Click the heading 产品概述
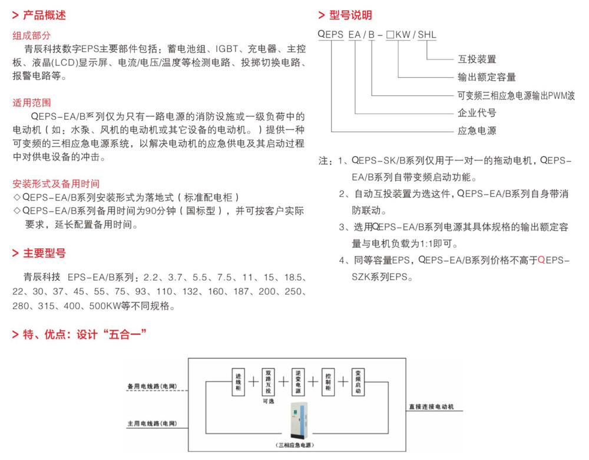(44, 15)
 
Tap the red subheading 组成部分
(32, 36)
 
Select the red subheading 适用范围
(32, 103)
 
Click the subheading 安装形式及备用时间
(56, 183)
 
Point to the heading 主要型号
(44, 254)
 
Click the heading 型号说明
(350, 15)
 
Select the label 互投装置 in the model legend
(477, 59)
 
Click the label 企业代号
(477, 112)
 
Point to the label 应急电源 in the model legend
(477, 130)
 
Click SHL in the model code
(428, 35)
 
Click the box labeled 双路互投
(269, 381)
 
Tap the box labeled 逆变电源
(299, 381)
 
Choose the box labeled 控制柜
(329, 381)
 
